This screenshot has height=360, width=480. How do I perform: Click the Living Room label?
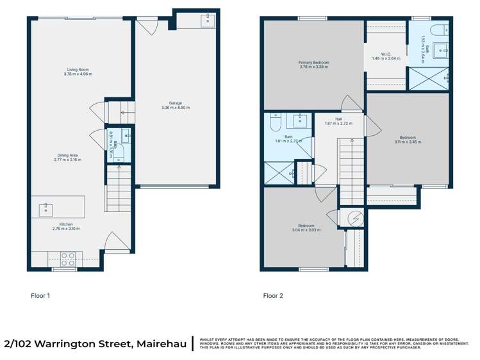(78, 69)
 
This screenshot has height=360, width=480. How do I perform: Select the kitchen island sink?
(47, 208)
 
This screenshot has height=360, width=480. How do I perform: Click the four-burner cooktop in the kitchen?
(68, 258)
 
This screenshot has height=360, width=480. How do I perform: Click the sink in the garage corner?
(208, 21)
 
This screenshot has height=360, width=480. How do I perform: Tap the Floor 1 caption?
(40, 296)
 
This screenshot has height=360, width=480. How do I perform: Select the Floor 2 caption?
(272, 296)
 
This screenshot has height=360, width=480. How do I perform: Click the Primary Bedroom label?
(314, 63)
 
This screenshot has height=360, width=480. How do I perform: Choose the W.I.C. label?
(386, 54)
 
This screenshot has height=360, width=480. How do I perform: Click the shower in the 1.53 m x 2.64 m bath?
(427, 79)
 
